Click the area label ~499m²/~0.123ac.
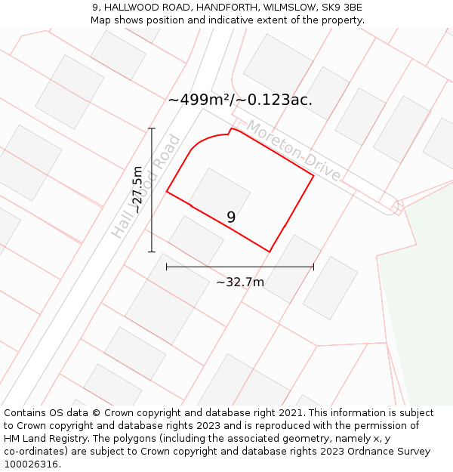[240, 100]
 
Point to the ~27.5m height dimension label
[137, 189]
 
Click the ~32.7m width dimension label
[240, 282]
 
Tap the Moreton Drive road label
[294, 151]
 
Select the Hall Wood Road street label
[145, 187]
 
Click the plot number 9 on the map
[231, 217]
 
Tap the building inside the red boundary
[220, 190]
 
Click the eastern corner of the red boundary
[313, 176]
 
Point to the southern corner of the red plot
[270, 251]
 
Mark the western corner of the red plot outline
[167, 192]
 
